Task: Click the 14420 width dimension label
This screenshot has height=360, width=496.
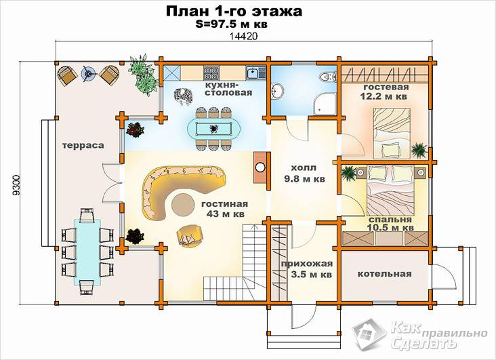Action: [x=243, y=36]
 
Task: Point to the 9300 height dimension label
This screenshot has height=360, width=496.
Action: [x=16, y=184]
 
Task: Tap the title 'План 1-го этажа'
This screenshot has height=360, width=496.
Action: [x=234, y=11]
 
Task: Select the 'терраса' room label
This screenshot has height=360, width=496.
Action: [x=83, y=145]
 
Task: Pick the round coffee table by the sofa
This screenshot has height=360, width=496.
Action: [x=184, y=205]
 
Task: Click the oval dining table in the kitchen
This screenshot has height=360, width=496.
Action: [x=213, y=129]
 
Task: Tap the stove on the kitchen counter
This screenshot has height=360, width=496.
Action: [x=211, y=73]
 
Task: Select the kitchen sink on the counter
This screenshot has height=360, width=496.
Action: [x=253, y=73]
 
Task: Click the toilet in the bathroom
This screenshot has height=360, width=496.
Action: [x=328, y=77]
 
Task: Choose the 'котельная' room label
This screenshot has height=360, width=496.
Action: [x=384, y=274]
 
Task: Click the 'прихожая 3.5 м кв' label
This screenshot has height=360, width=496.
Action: [x=307, y=268]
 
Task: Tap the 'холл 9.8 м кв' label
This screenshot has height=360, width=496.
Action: [x=304, y=173]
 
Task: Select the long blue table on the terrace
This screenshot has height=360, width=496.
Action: [x=87, y=252]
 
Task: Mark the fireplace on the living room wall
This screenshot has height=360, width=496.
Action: [x=260, y=167]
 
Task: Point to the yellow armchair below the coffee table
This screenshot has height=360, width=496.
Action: [x=190, y=236]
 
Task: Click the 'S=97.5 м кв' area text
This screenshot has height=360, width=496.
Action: [x=231, y=24]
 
